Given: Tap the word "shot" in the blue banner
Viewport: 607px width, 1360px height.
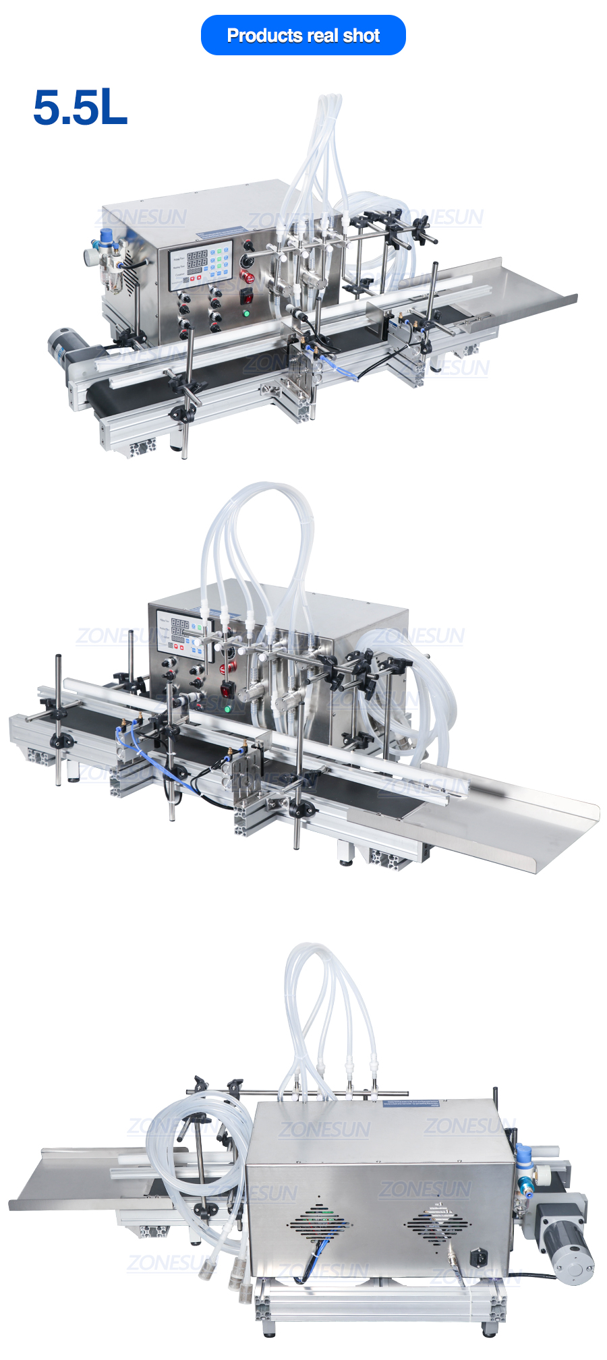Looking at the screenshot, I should (362, 35).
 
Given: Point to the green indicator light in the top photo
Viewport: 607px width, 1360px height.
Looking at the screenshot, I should (245, 313).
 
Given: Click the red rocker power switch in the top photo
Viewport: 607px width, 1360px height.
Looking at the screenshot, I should (247, 295).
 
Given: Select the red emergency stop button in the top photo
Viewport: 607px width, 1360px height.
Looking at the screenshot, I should (247, 277).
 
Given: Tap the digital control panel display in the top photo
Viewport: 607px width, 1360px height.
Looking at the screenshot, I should (200, 265).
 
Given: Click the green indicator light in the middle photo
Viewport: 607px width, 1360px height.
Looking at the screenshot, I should (227, 709).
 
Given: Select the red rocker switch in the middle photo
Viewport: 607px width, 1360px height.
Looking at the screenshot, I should (227, 690).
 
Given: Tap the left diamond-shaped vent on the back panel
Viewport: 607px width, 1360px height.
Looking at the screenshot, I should (318, 1221).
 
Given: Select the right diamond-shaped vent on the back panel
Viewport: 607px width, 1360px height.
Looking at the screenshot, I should (437, 1220).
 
